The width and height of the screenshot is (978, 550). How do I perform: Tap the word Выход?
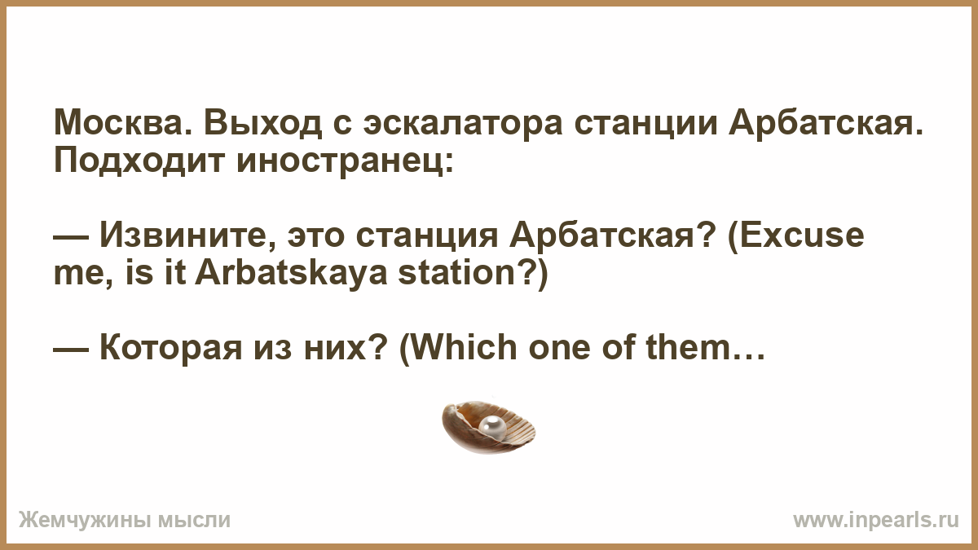[x=262, y=124]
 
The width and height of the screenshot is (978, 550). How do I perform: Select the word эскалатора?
[x=463, y=124]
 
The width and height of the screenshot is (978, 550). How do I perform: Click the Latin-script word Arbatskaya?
[x=291, y=274]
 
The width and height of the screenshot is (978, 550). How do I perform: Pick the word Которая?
[x=171, y=349]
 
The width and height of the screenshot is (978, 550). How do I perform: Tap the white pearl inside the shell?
[x=492, y=426]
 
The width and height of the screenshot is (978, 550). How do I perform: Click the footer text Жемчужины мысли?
[x=125, y=521]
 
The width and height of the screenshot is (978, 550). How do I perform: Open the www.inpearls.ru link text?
[x=876, y=520]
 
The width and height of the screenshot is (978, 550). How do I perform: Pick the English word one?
[x=559, y=352]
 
